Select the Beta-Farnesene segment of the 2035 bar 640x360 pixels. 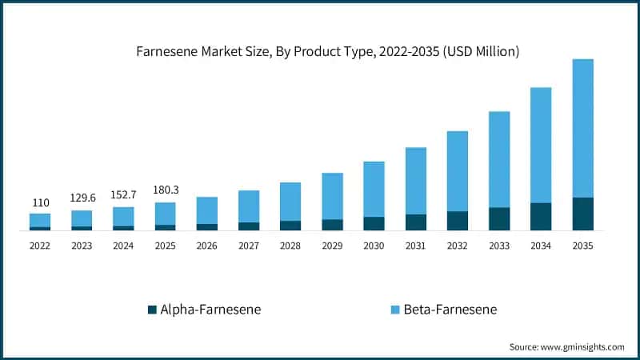[583, 128]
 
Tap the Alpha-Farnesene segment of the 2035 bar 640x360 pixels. [583, 214]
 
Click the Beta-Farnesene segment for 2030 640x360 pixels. [374, 189]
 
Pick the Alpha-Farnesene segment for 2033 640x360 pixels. [499, 218]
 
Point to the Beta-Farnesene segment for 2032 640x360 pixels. [458, 171]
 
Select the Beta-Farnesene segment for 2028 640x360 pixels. [290, 202]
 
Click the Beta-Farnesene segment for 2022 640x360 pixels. [40, 220]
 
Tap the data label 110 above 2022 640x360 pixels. [40, 203]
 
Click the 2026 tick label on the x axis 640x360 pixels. [207, 246]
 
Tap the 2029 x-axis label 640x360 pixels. [332, 246]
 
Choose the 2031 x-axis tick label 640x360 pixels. [416, 246]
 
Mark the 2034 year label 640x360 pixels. [541, 246]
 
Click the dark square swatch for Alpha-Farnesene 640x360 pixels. [152, 309]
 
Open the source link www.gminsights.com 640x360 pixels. [582, 346]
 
